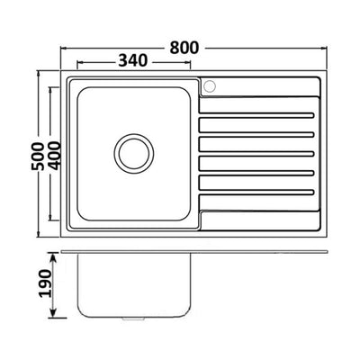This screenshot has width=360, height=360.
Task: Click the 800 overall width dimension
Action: [184, 48]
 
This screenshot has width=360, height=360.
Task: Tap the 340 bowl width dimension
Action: [133, 61]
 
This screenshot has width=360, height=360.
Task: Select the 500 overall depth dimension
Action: [38, 156]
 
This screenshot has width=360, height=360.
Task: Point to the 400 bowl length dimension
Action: [54, 156]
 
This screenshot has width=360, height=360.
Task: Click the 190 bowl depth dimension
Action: [46, 283]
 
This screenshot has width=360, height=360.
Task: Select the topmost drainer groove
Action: [256, 115]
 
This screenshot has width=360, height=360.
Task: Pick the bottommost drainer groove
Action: [256, 192]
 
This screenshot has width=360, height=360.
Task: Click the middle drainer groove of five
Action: [256, 154]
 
